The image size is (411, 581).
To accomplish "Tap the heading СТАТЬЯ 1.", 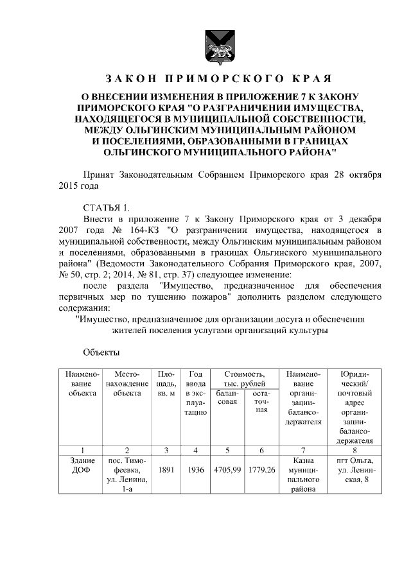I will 107,207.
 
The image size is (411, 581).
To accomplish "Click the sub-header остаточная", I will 261,402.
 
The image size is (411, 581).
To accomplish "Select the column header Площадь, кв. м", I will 166,383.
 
